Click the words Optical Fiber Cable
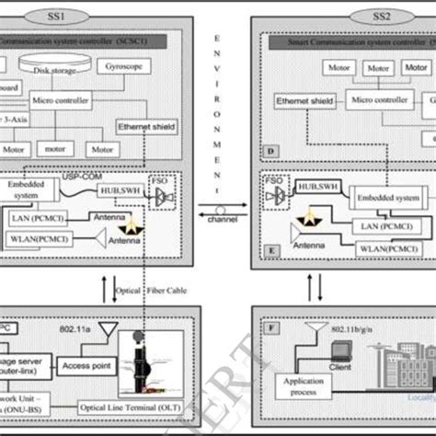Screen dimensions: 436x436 152,292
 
